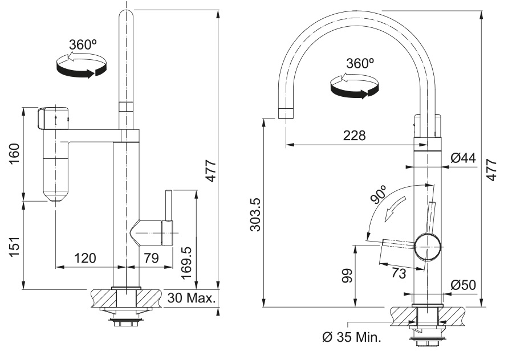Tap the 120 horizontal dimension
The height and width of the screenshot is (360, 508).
[x=85, y=259]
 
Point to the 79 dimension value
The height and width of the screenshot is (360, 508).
[x=151, y=259]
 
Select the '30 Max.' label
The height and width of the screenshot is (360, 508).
[x=191, y=297]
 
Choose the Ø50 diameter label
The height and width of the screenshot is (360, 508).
[x=463, y=285]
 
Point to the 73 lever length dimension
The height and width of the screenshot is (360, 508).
[x=399, y=273]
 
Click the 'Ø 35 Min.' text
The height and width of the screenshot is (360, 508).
[x=351, y=337]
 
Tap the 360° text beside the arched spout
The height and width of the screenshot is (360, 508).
[x=360, y=63]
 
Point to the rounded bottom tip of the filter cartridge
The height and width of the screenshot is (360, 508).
[x=55, y=199]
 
